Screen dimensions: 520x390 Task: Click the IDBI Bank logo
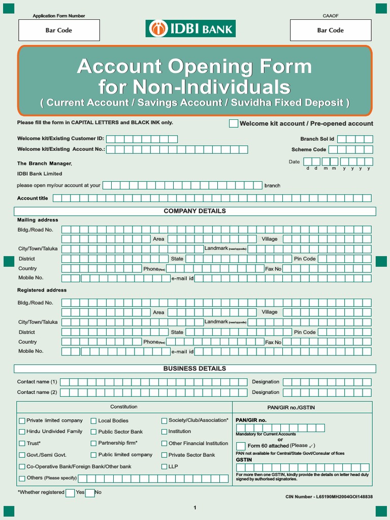(x=190, y=28)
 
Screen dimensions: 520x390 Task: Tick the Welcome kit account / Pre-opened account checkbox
(x=234, y=123)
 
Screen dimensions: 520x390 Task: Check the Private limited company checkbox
(x=22, y=420)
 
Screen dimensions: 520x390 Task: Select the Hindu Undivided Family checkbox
(x=22, y=432)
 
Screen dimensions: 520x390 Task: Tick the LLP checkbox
(x=164, y=466)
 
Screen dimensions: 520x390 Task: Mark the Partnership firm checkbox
(x=94, y=443)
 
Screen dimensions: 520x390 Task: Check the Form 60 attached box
(x=241, y=446)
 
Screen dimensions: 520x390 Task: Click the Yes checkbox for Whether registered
(x=70, y=493)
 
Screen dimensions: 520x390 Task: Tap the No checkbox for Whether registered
(x=90, y=493)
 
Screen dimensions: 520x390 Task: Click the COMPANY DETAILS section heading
(x=194, y=211)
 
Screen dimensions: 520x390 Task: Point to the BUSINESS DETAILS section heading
(x=194, y=368)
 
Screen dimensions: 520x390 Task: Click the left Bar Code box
(x=59, y=30)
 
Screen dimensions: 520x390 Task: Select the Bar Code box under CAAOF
(x=330, y=30)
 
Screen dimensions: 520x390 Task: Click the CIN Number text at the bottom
(x=329, y=496)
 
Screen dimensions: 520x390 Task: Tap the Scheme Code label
(x=309, y=149)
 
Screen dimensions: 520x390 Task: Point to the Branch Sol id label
(x=317, y=139)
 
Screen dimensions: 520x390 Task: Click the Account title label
(x=33, y=198)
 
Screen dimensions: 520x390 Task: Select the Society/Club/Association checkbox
(x=164, y=420)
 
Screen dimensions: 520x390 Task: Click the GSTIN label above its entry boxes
(x=244, y=460)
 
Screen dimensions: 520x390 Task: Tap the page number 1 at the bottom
(x=194, y=508)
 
